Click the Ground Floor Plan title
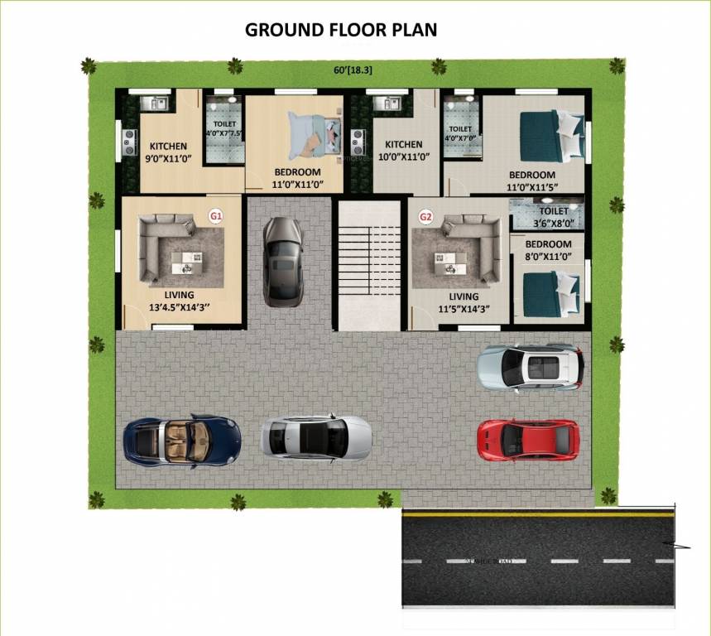tap(341, 30)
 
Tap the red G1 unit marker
tap(216, 216)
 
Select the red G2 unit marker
tap(426, 217)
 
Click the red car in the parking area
tap(527, 439)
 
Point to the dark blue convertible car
tap(181, 438)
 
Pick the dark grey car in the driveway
tap(283, 261)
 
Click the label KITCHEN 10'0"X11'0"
tap(403, 151)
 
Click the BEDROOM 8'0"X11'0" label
tap(548, 251)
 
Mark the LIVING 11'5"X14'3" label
tap(464, 302)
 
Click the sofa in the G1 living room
tap(157, 247)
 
